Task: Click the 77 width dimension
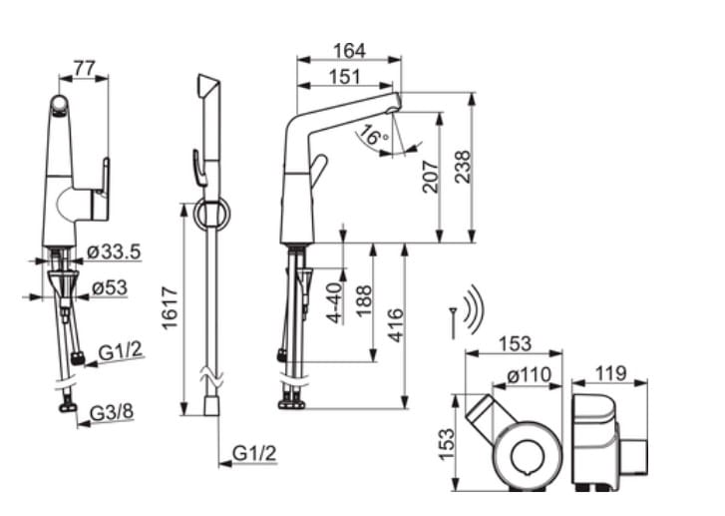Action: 84,69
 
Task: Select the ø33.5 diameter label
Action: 114,253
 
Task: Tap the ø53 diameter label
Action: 109,287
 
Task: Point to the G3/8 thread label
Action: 112,412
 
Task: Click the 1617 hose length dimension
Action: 171,308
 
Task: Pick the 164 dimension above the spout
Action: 349,51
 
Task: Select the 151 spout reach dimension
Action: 344,77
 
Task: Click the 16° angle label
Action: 374,136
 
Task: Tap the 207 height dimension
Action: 431,177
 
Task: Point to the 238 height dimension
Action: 463,167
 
